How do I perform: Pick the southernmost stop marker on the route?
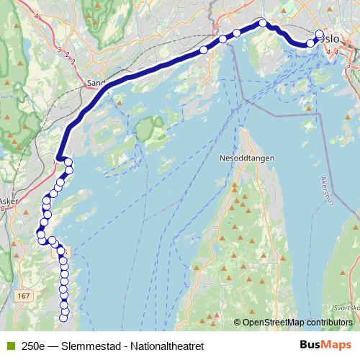(x=63, y=318)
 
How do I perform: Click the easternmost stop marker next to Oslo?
(x=320, y=34)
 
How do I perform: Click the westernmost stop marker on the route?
(x=41, y=235)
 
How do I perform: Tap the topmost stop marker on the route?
(x=263, y=23)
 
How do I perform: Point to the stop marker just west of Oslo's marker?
(x=311, y=43)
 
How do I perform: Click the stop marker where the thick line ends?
(x=68, y=163)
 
